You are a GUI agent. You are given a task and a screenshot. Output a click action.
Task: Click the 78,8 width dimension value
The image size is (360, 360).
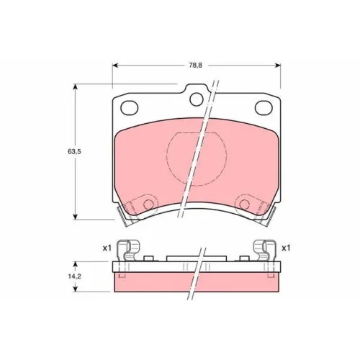(x=195, y=66)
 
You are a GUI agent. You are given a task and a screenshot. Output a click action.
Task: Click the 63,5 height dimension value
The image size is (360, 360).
(x=74, y=152)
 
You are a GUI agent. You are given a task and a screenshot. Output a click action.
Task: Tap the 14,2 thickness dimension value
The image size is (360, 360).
(x=74, y=276)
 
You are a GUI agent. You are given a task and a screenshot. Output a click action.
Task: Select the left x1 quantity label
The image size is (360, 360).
(x=107, y=248)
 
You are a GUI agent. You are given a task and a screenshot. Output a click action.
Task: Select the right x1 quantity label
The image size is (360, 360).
(x=286, y=248)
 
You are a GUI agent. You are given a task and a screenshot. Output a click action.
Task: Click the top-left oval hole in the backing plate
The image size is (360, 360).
(x=130, y=108)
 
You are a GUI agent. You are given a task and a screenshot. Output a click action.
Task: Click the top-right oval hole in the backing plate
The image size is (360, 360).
(x=264, y=108)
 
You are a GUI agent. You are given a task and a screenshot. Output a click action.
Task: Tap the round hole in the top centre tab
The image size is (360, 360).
(x=197, y=99)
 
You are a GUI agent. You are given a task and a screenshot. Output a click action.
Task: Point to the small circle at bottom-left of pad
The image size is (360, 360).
(x=148, y=204)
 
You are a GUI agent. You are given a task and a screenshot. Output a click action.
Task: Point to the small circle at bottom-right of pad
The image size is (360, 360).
(x=245, y=204)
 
